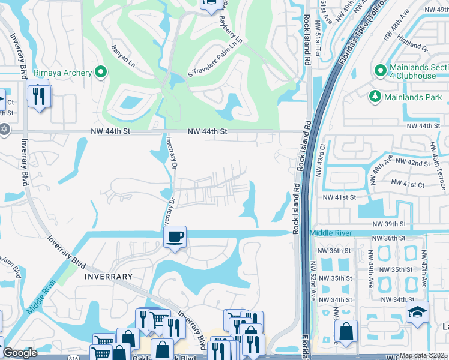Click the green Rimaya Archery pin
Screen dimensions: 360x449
(100, 73)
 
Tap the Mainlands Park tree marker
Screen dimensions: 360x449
(375, 96)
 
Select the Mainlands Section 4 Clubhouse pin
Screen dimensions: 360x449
(380, 71)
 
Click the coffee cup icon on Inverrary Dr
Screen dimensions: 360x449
(175, 237)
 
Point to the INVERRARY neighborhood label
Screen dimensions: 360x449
(108, 277)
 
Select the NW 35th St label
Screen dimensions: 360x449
(335, 278)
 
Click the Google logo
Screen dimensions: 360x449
(20, 353)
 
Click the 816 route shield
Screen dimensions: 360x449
(73, 357)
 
